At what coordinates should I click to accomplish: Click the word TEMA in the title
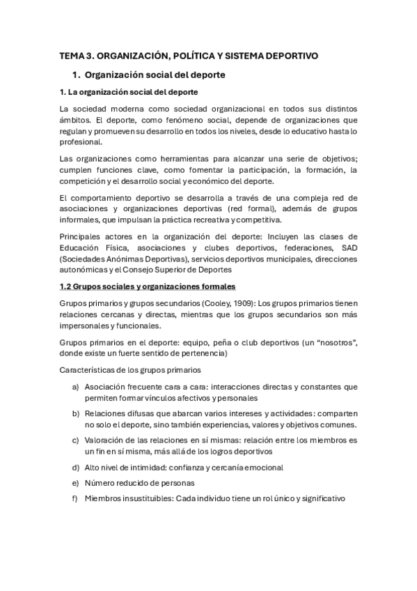tap(70, 55)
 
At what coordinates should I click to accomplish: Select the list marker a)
tap(74, 386)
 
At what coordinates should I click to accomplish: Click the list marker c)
tap(74, 440)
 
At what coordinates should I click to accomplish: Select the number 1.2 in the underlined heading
tap(66, 286)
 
